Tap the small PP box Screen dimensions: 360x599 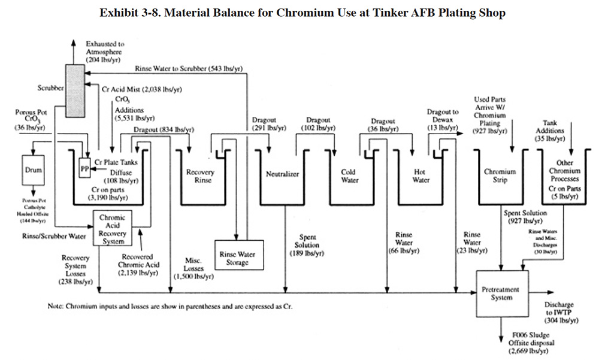coord(84,169)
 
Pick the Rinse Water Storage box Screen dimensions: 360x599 coord(237,258)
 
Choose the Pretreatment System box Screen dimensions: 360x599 coord(500,293)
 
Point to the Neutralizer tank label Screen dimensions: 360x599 coord(282,174)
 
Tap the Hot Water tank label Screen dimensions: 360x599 coord(421,176)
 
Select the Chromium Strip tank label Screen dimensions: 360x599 coord(500,176)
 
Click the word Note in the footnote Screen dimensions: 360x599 coord(56,306)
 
